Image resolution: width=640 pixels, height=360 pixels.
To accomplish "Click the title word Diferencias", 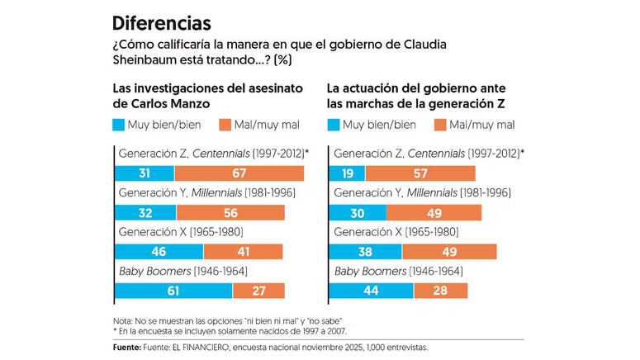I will [x=161, y=22].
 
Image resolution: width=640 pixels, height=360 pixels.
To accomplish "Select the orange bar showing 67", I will [x=239, y=173].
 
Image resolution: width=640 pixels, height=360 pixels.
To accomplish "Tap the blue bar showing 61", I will [x=173, y=290].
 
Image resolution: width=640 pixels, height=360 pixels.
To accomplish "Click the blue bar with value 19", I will [x=347, y=173].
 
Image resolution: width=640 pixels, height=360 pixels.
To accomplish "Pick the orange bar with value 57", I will [x=420, y=173].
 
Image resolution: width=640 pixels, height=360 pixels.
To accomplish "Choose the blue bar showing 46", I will [x=159, y=251].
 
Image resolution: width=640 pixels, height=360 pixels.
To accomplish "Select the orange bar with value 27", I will [x=259, y=290].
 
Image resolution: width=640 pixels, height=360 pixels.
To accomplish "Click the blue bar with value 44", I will [x=371, y=290].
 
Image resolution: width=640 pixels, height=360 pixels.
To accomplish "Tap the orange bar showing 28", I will [x=440, y=290].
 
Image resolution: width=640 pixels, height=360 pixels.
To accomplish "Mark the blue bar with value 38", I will [x=366, y=251].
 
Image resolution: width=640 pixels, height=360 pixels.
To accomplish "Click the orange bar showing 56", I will [x=230, y=212].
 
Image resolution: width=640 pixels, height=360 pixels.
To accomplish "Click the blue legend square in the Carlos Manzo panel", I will [x=119, y=126].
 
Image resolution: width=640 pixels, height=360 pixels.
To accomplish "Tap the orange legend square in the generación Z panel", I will [x=439, y=126].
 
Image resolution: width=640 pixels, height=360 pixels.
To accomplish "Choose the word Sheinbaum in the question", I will [x=147, y=60].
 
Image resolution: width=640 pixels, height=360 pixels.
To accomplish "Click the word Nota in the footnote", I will [x=123, y=320].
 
